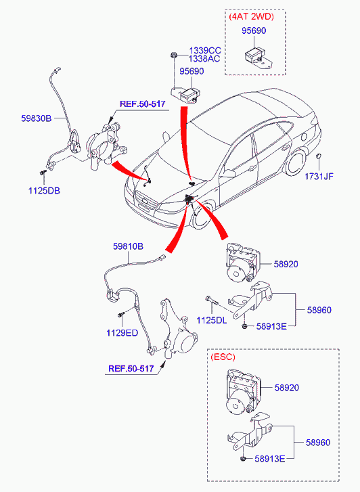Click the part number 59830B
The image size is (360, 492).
(36, 118)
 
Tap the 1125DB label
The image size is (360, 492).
(44, 190)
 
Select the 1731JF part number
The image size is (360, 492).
(319, 177)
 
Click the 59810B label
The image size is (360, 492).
(128, 246)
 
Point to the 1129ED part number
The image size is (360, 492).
(122, 333)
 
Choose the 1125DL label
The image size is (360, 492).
(212, 320)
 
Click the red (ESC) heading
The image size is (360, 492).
(223, 357)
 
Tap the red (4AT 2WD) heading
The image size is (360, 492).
(252, 17)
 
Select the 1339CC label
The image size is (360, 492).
(204, 51)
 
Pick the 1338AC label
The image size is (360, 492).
(204, 58)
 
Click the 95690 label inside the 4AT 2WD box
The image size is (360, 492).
(254, 30)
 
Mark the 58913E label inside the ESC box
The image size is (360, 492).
(269, 459)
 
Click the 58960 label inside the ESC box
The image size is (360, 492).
(318, 443)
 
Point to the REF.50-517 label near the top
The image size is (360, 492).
(143, 104)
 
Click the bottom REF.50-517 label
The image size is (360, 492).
(131, 368)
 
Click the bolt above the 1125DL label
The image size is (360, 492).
(212, 300)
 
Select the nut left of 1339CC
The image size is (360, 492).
(173, 55)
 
